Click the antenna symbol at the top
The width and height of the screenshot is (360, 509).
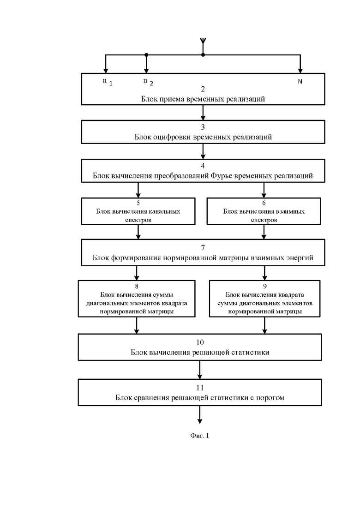203,41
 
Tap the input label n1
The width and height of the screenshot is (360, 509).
108,82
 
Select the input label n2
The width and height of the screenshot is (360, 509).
148,82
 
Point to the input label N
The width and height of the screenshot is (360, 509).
300,82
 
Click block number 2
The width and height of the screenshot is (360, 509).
203,89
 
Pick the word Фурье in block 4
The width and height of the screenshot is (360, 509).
221,176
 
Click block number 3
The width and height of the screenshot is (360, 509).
203,127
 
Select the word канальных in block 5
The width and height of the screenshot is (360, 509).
164,211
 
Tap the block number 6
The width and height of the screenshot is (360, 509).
264,203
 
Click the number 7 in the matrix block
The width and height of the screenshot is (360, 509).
203,248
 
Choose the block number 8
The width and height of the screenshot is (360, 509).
137,286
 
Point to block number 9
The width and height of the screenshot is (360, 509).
265,286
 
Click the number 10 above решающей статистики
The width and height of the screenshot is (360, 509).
200,342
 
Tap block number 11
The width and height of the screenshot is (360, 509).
200,388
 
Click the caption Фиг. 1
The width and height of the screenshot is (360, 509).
200,436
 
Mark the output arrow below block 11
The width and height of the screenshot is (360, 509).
200,414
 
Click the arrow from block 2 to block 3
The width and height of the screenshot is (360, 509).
203,113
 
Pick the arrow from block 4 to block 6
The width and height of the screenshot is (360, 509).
264,190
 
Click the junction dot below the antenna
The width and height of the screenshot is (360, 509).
203,55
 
